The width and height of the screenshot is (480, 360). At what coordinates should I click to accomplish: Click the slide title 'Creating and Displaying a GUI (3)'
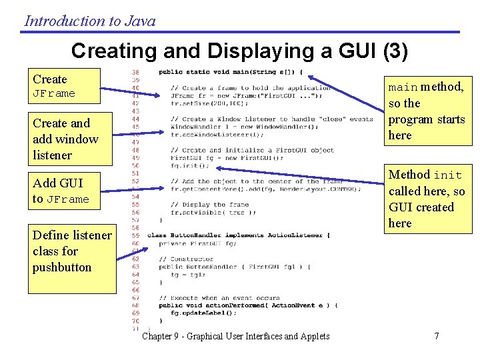239,51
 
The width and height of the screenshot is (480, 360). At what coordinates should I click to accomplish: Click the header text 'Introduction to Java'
90,21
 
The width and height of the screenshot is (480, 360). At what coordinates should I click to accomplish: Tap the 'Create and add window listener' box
71,139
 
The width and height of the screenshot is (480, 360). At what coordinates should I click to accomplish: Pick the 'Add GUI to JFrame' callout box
71,191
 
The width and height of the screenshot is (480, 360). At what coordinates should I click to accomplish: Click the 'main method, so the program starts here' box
427,111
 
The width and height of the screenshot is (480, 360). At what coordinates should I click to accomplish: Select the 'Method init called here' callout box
427,199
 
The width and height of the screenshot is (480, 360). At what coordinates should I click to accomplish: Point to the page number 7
437,336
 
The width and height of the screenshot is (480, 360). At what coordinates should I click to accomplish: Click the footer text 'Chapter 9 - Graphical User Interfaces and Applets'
236,336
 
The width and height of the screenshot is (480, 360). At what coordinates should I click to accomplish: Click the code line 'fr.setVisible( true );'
213,212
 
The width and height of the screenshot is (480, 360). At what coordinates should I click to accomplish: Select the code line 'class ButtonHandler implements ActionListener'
238,235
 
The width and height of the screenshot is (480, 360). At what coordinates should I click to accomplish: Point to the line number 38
135,72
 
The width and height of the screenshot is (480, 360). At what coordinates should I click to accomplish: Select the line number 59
135,235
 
